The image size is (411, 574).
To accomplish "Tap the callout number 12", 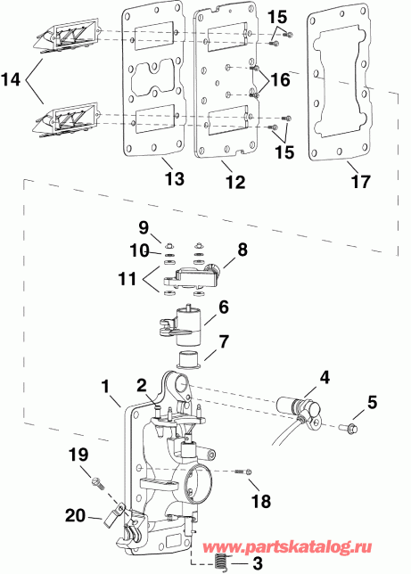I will [x=234, y=181].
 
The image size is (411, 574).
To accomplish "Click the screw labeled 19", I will [x=95, y=483].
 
